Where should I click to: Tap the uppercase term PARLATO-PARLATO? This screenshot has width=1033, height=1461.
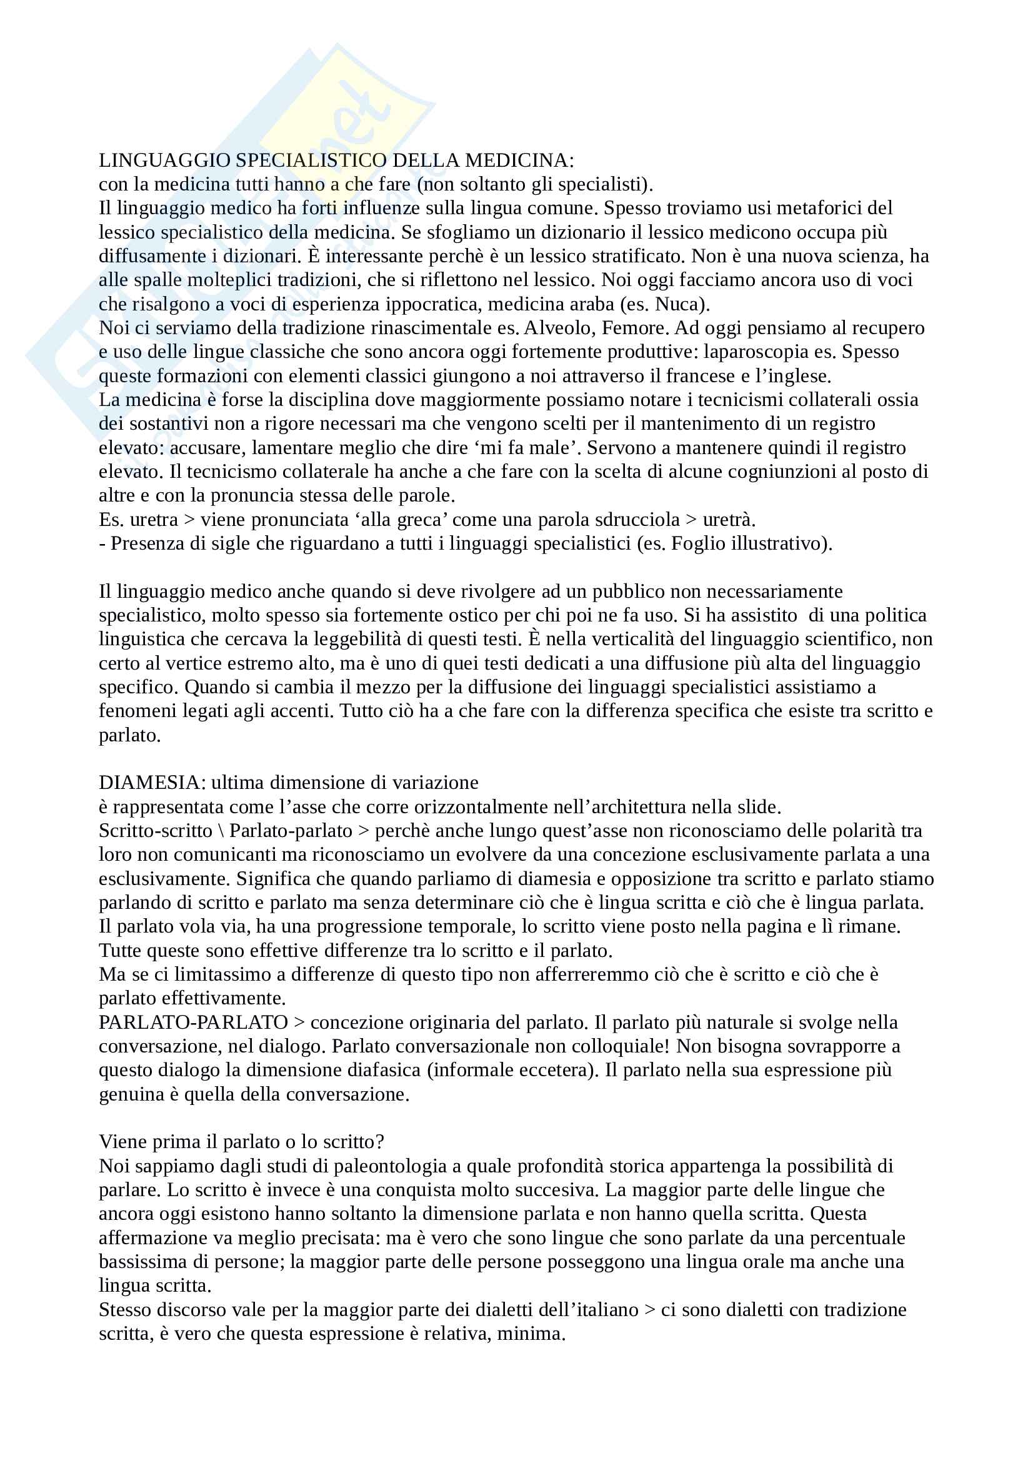(193, 1022)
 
